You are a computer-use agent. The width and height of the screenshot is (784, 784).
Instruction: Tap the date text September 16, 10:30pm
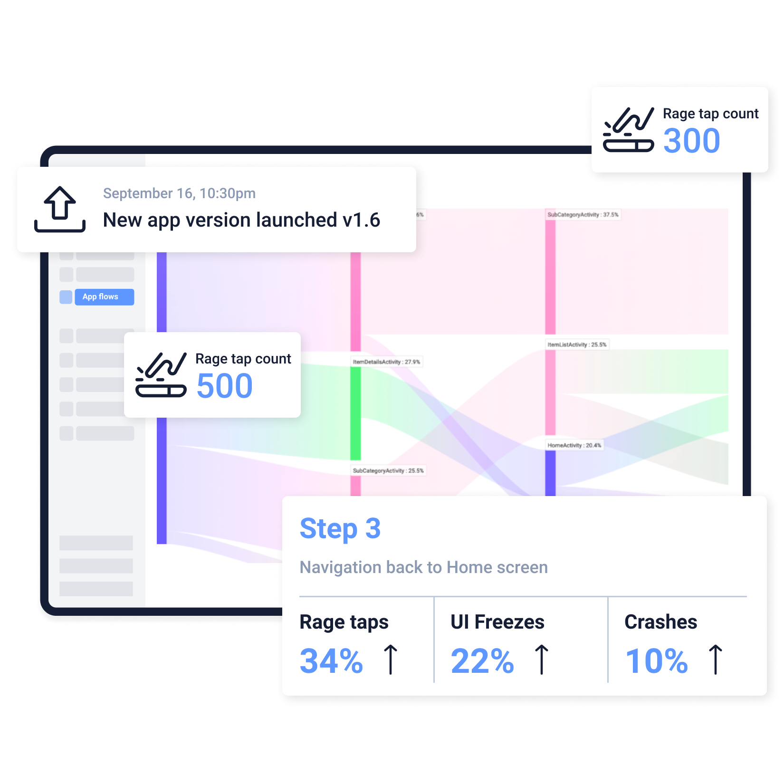pos(179,193)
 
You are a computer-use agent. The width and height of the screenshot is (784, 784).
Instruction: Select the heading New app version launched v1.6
pos(241,220)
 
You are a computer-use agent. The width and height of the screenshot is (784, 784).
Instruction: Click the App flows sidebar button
pos(104,297)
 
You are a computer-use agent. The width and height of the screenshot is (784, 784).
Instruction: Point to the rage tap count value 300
pos(691,141)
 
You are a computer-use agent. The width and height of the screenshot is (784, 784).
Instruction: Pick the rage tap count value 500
pos(224,386)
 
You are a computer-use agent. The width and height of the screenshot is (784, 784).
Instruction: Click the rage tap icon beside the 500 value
pos(161,375)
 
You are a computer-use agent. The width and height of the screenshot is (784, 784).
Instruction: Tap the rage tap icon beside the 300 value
pos(628,130)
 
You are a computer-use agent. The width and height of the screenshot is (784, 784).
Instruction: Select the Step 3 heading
pos(340,528)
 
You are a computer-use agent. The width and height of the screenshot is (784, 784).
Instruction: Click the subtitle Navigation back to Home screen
pos(423,567)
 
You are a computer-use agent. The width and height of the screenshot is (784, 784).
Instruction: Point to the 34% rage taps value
pos(331,661)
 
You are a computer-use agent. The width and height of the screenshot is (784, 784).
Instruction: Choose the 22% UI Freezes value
pos(482,661)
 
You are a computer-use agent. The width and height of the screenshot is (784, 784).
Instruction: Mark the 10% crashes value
pos(657,661)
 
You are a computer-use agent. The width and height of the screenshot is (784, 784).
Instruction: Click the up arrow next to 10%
pos(715,660)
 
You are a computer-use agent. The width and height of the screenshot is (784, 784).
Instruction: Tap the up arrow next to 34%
pos(391,660)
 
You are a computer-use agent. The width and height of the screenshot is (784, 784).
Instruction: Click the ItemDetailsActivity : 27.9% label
pos(386,362)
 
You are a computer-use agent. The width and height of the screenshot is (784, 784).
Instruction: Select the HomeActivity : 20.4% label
pos(574,445)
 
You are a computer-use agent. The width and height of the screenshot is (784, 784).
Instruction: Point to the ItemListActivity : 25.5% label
pos(577,344)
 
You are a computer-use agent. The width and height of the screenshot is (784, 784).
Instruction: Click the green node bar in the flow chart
pos(355,413)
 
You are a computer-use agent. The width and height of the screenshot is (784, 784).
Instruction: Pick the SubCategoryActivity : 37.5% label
pos(583,215)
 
